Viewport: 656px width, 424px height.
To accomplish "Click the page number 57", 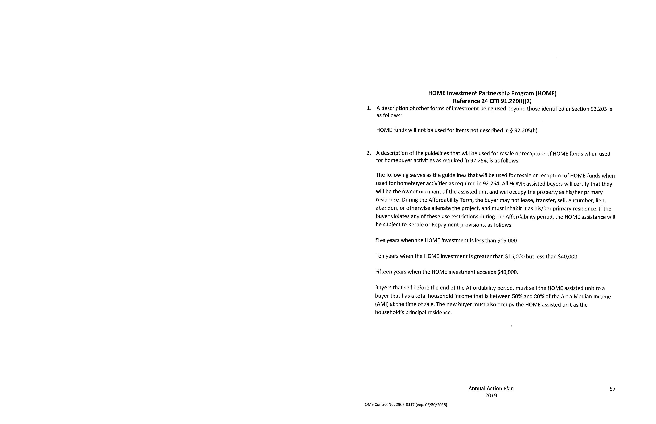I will tap(612, 389).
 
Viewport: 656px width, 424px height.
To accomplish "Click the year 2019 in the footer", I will tap(491, 396).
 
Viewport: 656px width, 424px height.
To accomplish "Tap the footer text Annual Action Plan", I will tap(491, 389).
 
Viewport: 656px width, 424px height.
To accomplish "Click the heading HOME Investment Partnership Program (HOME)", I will tap(492, 93).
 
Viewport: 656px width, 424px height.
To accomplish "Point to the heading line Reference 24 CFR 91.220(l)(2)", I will tap(492, 101).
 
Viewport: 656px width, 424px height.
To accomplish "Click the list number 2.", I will tap(369, 153).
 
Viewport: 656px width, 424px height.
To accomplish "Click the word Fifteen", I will tap(383, 272).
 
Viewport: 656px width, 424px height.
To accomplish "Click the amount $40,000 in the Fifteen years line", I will tap(507, 272).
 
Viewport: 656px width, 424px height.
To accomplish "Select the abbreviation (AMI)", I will tap(381, 305).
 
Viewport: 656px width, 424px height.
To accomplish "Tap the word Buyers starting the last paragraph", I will tap(383, 288).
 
